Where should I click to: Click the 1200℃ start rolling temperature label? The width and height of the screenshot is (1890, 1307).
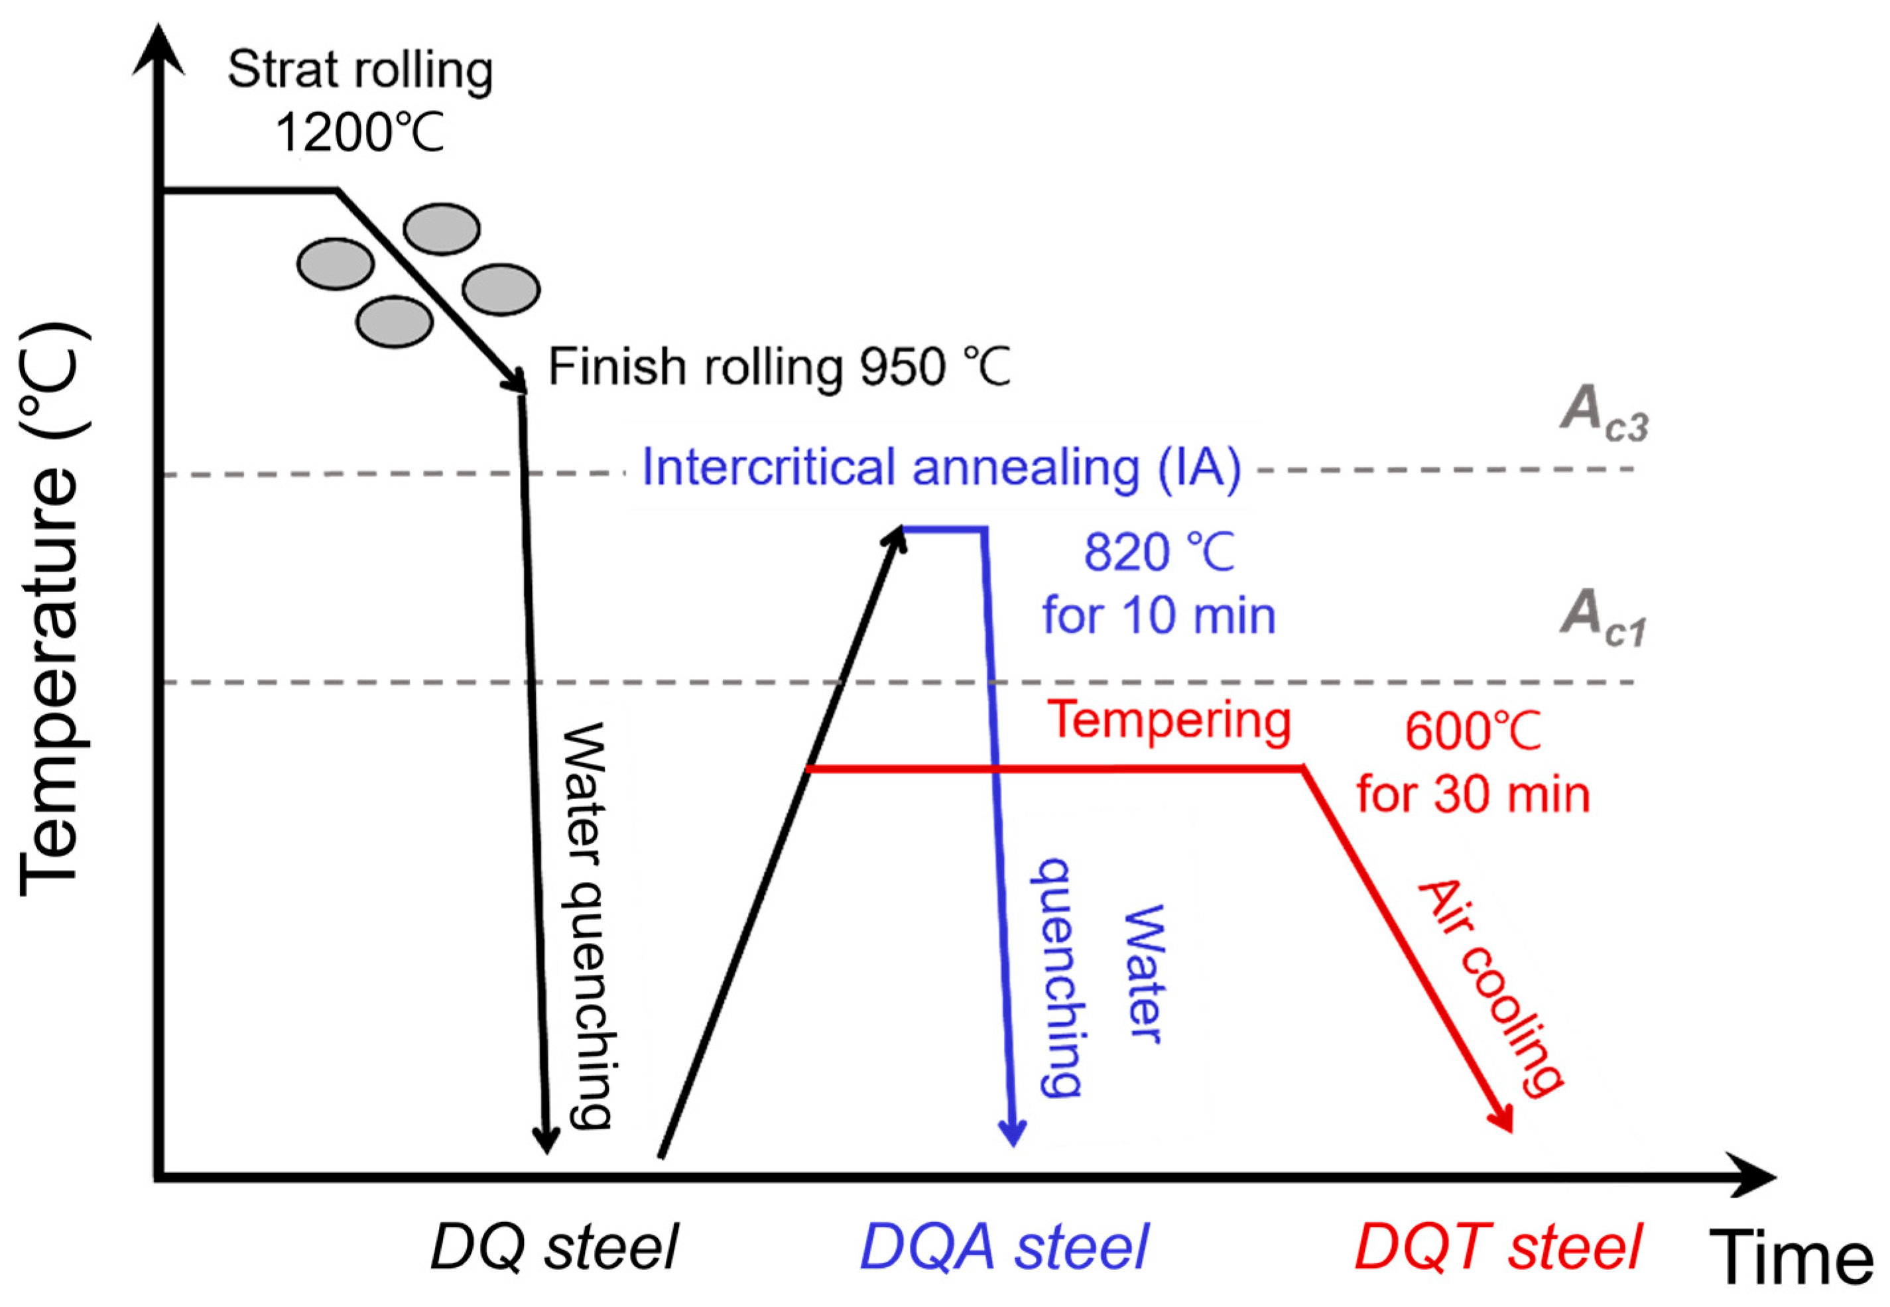click(x=359, y=133)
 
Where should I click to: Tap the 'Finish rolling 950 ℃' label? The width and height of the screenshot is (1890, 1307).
click(x=779, y=366)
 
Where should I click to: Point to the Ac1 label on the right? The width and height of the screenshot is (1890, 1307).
click(x=1601, y=618)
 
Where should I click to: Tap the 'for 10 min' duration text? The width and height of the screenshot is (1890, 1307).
click(x=1158, y=616)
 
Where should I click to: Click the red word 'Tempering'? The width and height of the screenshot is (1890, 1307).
click(x=1168, y=721)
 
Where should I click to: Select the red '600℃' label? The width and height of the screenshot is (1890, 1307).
click(x=1472, y=731)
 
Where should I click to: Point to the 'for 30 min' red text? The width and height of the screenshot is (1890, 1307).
click(x=1472, y=794)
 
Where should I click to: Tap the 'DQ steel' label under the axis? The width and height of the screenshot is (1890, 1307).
click(x=554, y=1247)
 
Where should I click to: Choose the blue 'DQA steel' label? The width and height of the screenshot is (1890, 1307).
click(x=1004, y=1247)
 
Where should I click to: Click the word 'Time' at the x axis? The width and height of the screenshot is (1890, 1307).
click(x=1791, y=1257)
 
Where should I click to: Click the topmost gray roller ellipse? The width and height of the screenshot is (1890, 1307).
click(x=442, y=229)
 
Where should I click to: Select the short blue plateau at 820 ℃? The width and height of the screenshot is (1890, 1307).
click(x=944, y=530)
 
